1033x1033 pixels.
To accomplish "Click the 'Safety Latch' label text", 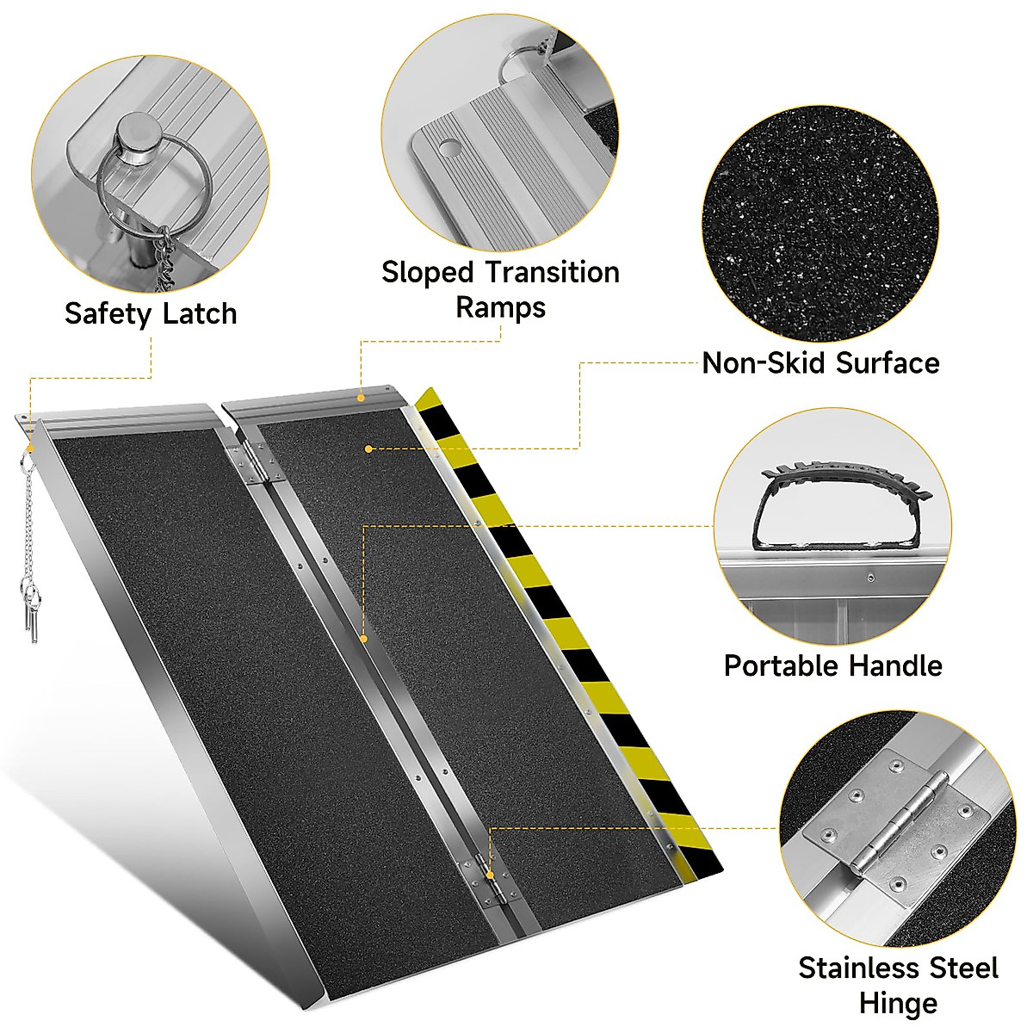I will pyautogui.click(x=151, y=313).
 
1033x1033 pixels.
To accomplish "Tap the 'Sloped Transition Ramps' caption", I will pyautogui.click(x=500, y=289).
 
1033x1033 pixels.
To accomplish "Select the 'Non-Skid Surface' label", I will pyautogui.click(x=820, y=362).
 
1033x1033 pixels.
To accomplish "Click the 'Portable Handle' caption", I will pyautogui.click(x=832, y=665).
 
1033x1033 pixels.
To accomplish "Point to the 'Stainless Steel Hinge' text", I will pyautogui.click(x=898, y=985).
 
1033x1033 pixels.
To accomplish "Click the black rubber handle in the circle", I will pyautogui.click(x=830, y=508).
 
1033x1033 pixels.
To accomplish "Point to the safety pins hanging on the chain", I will pyautogui.click(x=30, y=607).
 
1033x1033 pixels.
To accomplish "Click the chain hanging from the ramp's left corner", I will pyautogui.click(x=30, y=525).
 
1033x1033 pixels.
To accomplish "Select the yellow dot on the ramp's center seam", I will pyautogui.click(x=363, y=639).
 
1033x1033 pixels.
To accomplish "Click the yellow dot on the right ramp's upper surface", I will pyautogui.click(x=368, y=448).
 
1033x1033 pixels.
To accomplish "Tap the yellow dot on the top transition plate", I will pyautogui.click(x=362, y=397).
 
